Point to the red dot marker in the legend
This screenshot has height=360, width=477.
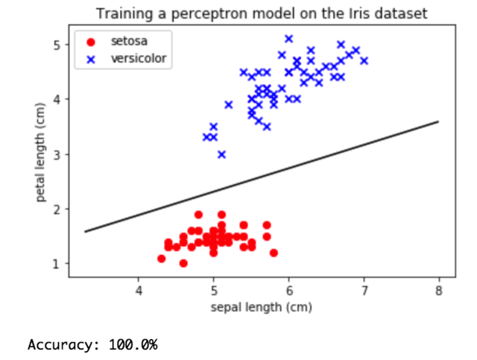tap(92, 42)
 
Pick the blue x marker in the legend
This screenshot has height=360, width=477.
tap(92, 58)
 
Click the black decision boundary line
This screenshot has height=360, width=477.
tap(261, 177)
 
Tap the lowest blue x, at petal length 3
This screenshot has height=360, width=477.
tap(221, 154)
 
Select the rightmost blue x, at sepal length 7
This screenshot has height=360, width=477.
tap(364, 61)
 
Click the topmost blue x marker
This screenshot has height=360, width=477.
tap(288, 39)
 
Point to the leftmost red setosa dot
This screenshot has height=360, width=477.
tap(161, 259)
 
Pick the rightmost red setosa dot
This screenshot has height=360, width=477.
tap(274, 253)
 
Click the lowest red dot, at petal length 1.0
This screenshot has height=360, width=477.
tap(183, 264)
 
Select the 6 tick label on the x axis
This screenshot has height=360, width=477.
tap(288, 290)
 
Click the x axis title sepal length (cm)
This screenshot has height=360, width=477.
tap(254, 306)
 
